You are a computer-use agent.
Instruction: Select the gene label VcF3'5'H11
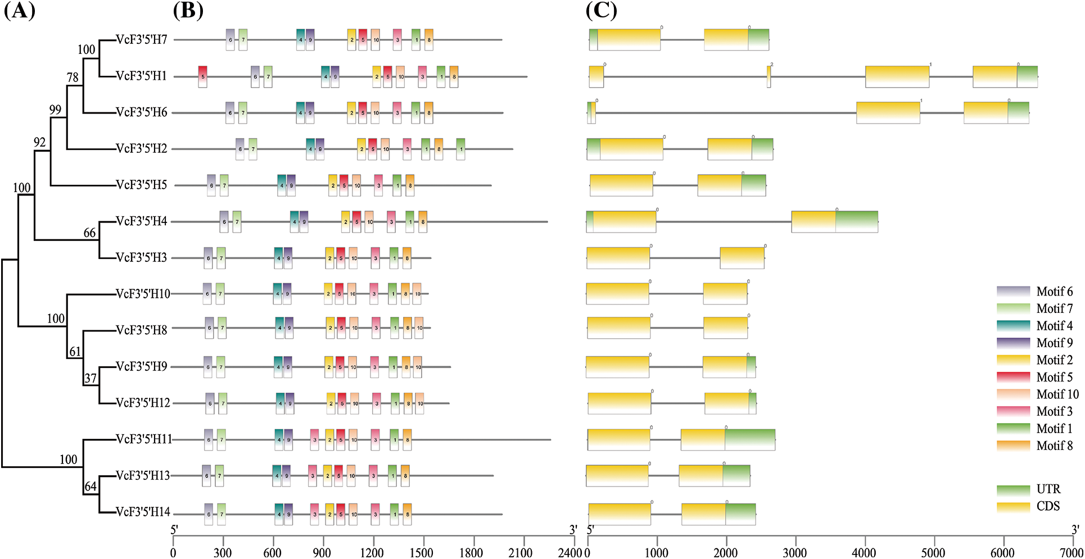coord(144,439)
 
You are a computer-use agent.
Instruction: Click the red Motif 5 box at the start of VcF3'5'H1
coord(202,76)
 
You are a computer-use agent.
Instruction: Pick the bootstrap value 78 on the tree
coord(73,78)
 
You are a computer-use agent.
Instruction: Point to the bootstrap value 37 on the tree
coord(91,379)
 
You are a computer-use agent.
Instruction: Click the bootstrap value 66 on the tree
coord(90,233)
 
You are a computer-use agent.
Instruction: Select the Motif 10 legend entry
coord(1057,394)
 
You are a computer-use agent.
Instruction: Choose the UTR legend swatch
coord(1013,489)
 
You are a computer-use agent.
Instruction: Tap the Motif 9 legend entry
coord(1054,343)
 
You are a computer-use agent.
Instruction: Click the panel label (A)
coord(19,11)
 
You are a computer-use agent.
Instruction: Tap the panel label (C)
coord(601,11)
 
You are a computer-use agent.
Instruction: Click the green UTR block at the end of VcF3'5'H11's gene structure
coord(750,440)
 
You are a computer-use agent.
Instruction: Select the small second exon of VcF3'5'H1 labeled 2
coord(768,77)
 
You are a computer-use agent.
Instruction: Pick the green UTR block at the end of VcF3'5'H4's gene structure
coord(856,221)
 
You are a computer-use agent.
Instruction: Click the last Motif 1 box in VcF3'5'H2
coord(460,149)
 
